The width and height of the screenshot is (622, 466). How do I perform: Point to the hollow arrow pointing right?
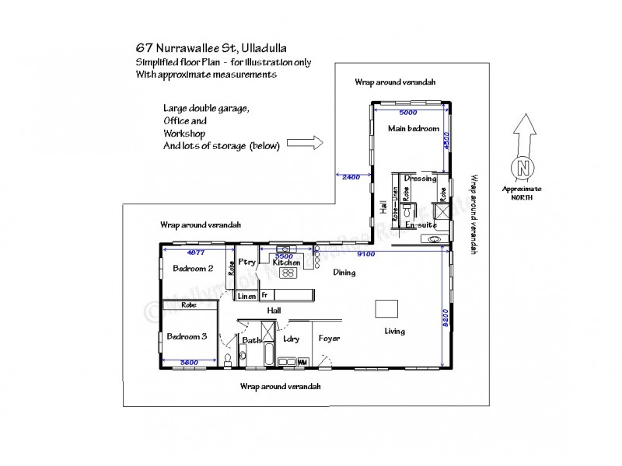coord(304,143)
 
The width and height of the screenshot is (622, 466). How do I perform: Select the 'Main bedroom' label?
coord(414,129)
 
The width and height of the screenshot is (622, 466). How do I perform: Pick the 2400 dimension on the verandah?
coord(351,176)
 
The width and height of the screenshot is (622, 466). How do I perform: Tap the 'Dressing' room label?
coord(420,179)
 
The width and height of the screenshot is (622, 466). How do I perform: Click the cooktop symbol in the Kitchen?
coord(290,273)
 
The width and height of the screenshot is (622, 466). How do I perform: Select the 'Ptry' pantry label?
coord(248,263)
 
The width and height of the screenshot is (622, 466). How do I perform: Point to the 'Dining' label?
coord(344,273)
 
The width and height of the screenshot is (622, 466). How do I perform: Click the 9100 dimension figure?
coord(365,253)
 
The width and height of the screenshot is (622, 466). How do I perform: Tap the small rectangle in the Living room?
coord(386,308)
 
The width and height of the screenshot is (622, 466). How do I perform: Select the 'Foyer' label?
coord(330,339)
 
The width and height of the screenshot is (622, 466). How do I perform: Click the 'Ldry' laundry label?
coord(292,339)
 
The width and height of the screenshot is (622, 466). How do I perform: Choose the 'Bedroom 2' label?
coord(193,269)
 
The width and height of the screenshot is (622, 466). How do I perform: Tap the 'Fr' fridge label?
coord(264,296)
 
